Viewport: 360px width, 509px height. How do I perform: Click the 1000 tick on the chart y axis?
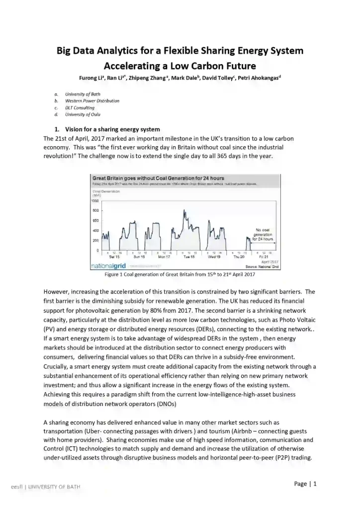coord(95,201)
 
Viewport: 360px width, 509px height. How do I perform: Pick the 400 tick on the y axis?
coord(96,230)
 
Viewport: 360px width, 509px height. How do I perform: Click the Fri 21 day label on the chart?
coord(264,256)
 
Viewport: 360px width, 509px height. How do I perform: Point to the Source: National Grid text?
coord(262,267)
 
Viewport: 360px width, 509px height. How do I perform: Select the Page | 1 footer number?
coord(305,484)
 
